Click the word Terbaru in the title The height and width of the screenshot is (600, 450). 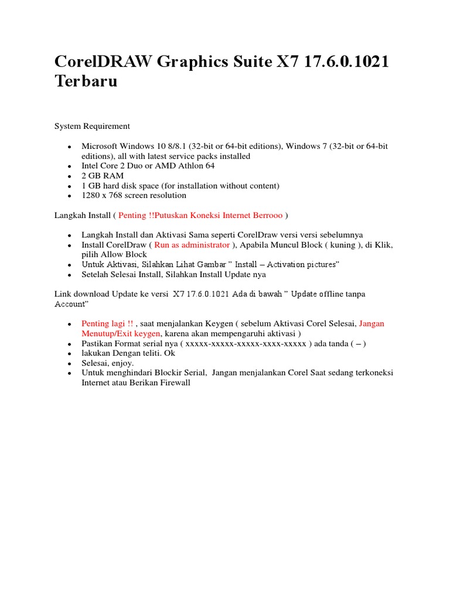86,81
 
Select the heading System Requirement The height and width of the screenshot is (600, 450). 92,126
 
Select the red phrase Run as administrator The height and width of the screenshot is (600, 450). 192,245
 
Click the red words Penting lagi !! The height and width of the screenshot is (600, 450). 107,323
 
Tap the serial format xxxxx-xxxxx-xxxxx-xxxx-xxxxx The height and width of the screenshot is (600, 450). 246,343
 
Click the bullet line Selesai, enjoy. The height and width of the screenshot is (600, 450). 107,363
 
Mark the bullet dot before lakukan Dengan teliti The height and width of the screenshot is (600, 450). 69,354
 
